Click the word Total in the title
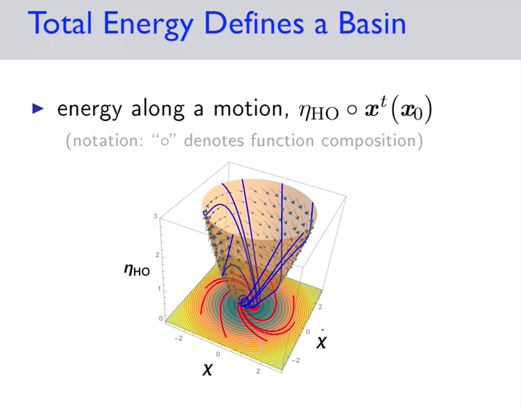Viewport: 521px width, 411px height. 60,24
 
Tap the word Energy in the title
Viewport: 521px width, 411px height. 148,26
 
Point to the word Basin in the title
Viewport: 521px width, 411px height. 372,24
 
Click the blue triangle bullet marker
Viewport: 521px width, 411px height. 38,108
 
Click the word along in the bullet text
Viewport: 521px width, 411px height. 158,109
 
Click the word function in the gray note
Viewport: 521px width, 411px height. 282,140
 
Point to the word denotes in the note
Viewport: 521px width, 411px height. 214,140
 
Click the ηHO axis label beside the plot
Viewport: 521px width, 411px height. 137,269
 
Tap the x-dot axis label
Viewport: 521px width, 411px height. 321,339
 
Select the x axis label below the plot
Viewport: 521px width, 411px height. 207,368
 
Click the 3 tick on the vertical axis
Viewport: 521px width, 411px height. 155,216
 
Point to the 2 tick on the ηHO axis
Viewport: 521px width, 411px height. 157,255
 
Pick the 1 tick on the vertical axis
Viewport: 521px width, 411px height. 159,289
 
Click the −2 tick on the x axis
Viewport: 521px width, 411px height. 179,338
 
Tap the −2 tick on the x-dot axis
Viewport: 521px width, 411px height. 295,360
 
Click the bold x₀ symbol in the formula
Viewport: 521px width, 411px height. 411,111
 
